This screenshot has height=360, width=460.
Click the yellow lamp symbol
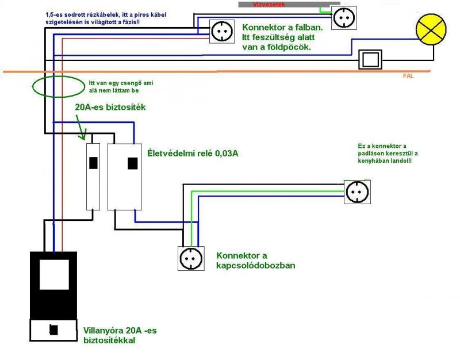431,29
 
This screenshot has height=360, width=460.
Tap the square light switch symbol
370,60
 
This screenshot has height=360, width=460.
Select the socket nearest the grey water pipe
344,18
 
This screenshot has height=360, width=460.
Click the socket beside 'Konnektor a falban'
222,32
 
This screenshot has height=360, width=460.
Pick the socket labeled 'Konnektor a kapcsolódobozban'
191,258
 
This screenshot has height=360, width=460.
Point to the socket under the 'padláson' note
357,192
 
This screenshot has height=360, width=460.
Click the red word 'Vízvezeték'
269,5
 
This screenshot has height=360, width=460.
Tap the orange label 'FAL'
408,76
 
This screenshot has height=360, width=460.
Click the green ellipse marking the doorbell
59,87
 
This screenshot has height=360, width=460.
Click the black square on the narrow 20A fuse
93,163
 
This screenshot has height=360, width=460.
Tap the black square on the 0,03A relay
133,163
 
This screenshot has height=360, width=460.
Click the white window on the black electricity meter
54,274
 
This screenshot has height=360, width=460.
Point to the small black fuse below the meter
53,330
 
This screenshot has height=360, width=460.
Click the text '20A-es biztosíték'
110,108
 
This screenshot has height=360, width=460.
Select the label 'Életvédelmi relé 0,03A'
193,154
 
